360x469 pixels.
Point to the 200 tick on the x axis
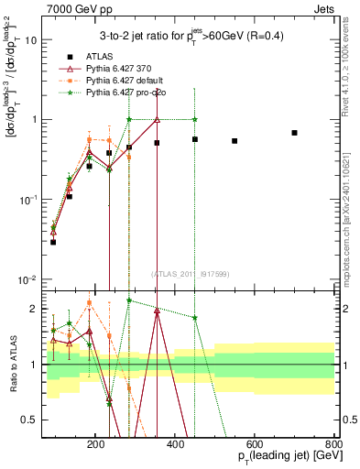pos(169,442)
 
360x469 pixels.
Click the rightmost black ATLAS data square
pos(294,133)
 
